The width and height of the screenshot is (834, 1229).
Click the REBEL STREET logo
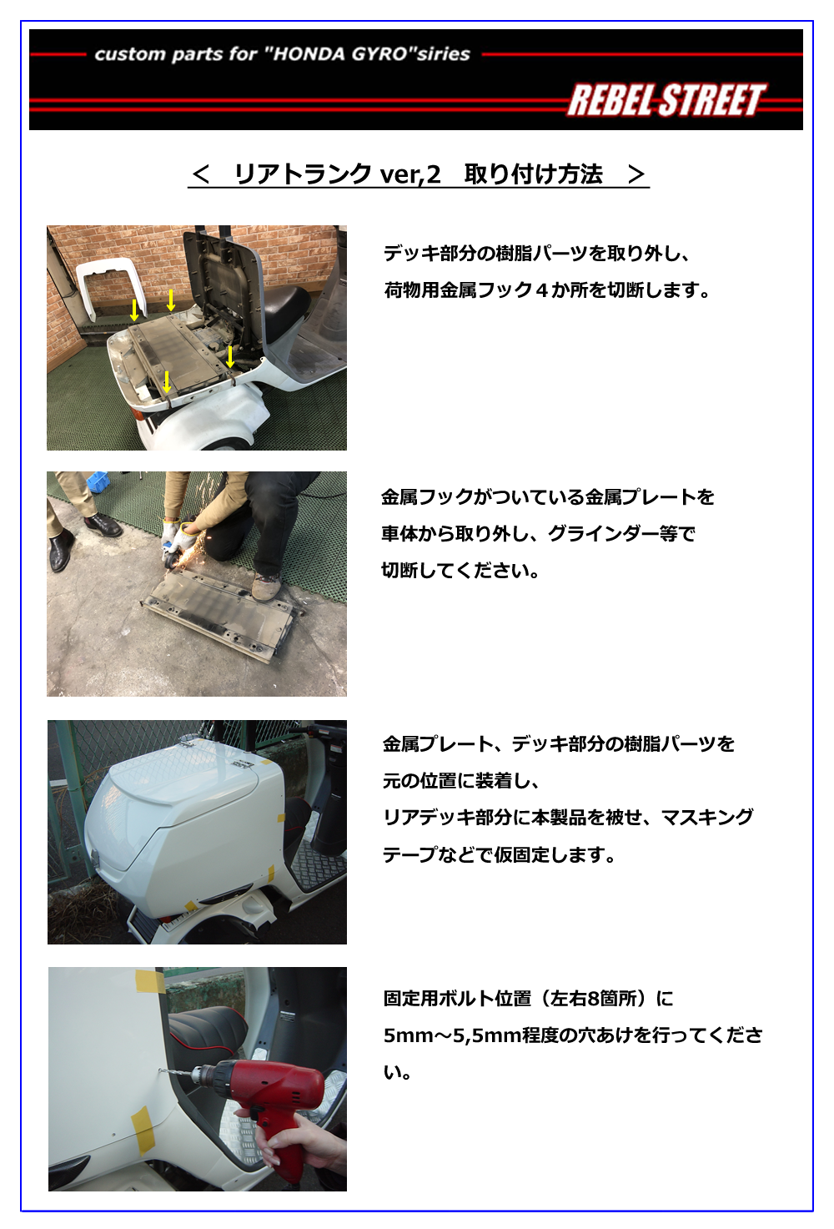click(666, 100)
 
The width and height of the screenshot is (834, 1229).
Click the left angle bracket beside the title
click(201, 174)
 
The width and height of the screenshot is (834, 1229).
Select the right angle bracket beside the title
click(636, 174)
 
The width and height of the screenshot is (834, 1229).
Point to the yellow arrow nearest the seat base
click(230, 356)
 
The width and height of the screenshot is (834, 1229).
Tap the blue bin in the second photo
click(98, 481)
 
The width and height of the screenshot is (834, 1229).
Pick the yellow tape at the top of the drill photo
click(149, 980)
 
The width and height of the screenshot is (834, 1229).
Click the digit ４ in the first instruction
click(541, 290)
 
